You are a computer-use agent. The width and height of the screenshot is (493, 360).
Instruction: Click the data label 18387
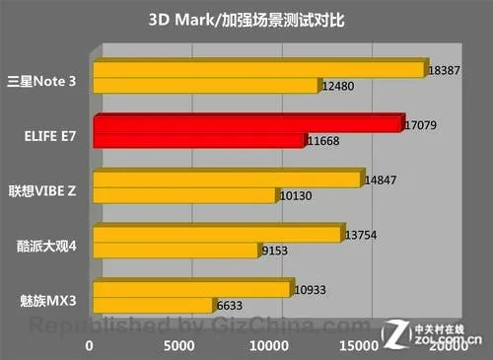(x=443, y=71)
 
